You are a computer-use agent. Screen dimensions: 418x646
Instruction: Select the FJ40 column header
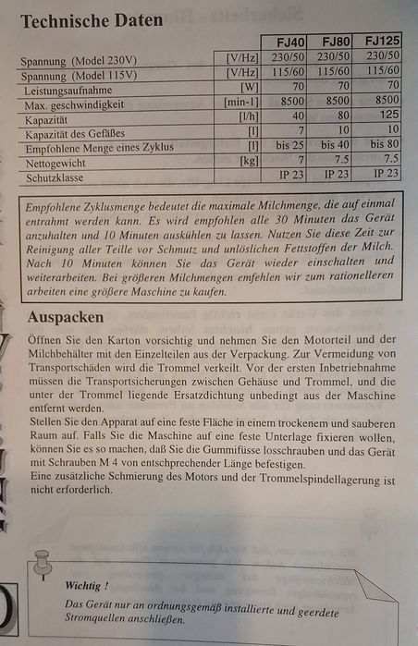tap(292, 43)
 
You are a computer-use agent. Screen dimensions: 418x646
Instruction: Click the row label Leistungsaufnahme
tap(76, 91)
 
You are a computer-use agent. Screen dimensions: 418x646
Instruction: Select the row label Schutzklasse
tap(56, 175)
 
